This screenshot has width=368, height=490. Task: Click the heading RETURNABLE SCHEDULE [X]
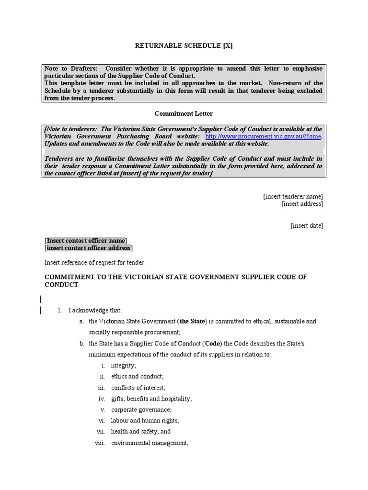coord(184,46)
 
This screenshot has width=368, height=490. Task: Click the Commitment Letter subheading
coord(184,113)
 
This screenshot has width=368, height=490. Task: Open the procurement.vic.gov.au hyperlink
coord(263,136)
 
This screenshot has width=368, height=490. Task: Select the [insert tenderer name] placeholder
coord(293,196)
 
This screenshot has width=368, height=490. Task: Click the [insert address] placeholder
coord(302,204)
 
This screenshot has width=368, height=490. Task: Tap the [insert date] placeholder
coord(307,226)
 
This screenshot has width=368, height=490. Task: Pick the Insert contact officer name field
coord(86,240)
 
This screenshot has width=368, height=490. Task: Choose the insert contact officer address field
coord(89,248)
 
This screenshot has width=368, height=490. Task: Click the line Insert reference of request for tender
coord(94,262)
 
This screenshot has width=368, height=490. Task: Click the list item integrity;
coord(124,365)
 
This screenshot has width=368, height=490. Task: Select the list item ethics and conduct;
coord(137,376)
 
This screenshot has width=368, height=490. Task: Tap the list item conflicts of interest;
coord(138,388)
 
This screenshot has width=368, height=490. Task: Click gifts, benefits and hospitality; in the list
coord(151,399)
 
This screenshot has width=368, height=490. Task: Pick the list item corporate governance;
coord(141,410)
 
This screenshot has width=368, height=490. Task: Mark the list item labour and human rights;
coord(145,420)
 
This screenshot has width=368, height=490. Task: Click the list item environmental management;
coord(150,443)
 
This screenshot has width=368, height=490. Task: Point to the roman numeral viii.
coord(100,443)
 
